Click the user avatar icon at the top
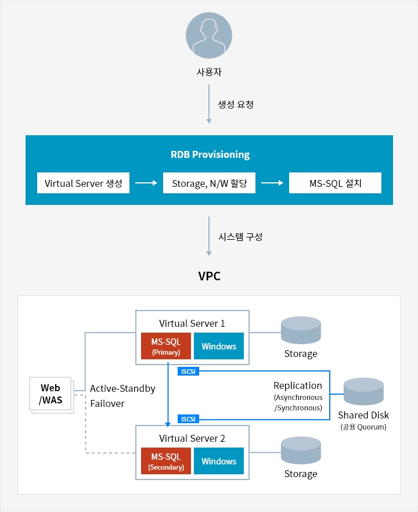pyautogui.click(x=209, y=35)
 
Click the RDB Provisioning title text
pyautogui.click(x=210, y=154)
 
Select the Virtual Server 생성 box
pyautogui.click(x=83, y=183)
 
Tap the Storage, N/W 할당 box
pyautogui.click(x=210, y=183)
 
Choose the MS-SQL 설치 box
pyautogui.click(x=335, y=183)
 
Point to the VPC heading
pyautogui.click(x=210, y=276)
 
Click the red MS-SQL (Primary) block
pyautogui.click(x=166, y=346)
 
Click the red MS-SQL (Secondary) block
pyautogui.click(x=166, y=461)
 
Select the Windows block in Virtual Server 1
pyautogui.click(x=219, y=346)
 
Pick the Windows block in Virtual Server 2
pyautogui.click(x=219, y=461)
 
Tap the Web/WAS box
pyautogui.click(x=51, y=394)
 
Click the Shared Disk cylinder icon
pyautogui.click(x=363, y=391)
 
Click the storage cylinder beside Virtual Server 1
pyautogui.click(x=301, y=330)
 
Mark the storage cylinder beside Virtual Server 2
pyautogui.click(x=301, y=450)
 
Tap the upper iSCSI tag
pyautogui.click(x=189, y=372)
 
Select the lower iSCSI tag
pyautogui.click(x=189, y=419)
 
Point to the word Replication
pyautogui.click(x=297, y=385)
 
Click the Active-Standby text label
pyautogui.click(x=122, y=388)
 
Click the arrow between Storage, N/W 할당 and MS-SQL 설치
pyautogui.click(x=272, y=183)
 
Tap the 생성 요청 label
pyautogui.click(x=236, y=104)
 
